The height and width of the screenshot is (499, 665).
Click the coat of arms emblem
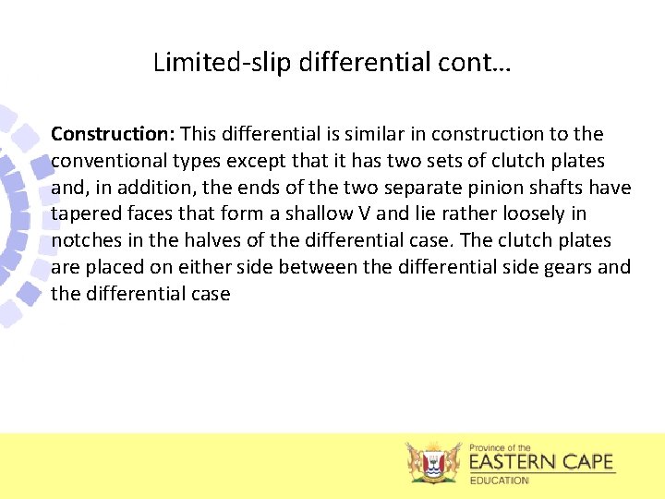pos(433,462)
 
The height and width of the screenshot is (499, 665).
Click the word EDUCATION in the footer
pos(500,481)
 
